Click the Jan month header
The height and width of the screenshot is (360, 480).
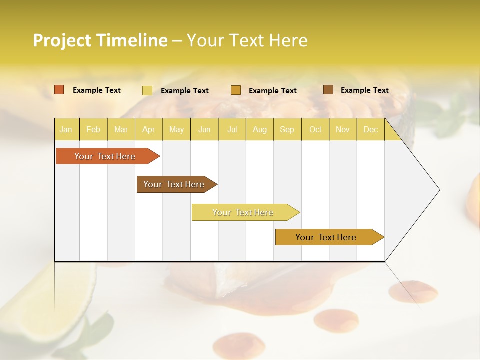(x=66, y=130)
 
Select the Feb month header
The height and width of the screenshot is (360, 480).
(x=93, y=130)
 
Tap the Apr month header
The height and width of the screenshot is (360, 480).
(x=148, y=130)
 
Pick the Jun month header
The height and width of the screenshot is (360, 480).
(x=204, y=130)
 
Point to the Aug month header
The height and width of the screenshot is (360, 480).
(x=259, y=130)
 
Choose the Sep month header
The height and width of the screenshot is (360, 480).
(x=287, y=130)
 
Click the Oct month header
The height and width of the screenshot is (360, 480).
(x=315, y=130)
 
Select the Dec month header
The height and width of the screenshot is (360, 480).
(x=370, y=130)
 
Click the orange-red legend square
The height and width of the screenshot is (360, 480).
(x=59, y=90)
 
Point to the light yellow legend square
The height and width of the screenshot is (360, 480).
(x=147, y=90)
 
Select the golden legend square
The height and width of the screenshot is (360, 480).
(x=236, y=90)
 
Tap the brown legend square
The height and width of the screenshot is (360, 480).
(x=328, y=90)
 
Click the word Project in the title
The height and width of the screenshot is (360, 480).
(x=62, y=40)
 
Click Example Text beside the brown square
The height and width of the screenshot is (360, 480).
(x=364, y=90)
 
